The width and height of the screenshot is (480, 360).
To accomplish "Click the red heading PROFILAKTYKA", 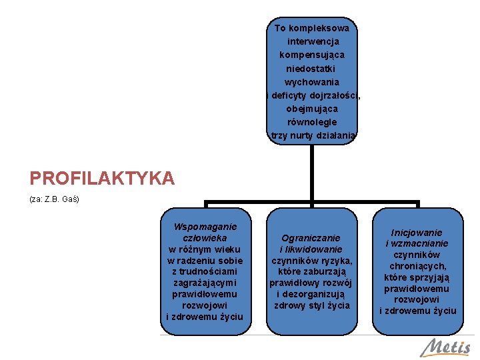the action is tap(102, 178).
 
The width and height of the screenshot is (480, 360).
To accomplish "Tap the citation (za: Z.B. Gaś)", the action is tap(54, 199).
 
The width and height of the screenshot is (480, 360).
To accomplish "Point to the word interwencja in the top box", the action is tap(313, 41).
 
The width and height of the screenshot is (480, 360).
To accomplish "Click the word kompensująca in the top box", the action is tap(312, 55).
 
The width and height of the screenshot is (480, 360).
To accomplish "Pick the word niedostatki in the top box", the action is tap(311, 69).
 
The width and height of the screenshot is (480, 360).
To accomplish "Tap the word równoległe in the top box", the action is tap(312, 123).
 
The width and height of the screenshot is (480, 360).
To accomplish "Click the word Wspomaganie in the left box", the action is tap(205, 227).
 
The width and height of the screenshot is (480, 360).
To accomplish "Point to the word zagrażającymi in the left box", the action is tap(205, 283).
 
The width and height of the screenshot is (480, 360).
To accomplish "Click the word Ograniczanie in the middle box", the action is tap(311, 237).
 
